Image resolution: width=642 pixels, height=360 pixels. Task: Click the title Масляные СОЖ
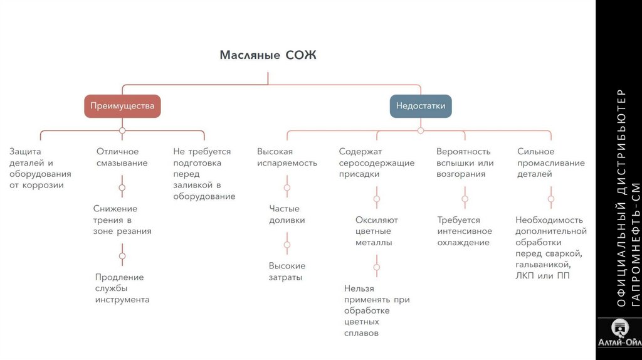click(268, 55)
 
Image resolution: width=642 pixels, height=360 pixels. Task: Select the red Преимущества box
click(122, 106)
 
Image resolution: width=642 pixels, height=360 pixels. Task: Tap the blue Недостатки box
click(420, 106)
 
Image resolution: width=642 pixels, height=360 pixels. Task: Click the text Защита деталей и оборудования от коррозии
click(40, 168)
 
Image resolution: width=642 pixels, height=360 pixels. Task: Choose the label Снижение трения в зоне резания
click(122, 220)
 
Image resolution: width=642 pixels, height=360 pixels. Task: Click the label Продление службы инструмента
click(122, 289)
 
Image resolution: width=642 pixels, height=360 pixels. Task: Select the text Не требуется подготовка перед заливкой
click(204, 174)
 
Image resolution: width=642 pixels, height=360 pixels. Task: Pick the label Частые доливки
click(287, 214)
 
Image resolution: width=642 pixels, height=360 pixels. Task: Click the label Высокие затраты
click(287, 271)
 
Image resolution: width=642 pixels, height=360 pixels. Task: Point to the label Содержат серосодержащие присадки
click(376, 163)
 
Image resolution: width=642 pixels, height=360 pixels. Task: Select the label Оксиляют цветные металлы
click(376, 231)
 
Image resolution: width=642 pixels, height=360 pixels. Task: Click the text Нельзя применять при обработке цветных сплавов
click(376, 310)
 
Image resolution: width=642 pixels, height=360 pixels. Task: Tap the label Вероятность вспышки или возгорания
click(465, 163)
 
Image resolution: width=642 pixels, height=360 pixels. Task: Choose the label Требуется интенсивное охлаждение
click(465, 231)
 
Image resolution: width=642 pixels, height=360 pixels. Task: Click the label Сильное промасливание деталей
click(551, 163)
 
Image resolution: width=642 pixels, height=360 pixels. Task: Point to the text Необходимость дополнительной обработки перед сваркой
click(551, 248)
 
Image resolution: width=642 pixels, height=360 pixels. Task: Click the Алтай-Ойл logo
click(619, 337)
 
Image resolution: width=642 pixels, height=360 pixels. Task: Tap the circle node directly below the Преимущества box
click(122, 130)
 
